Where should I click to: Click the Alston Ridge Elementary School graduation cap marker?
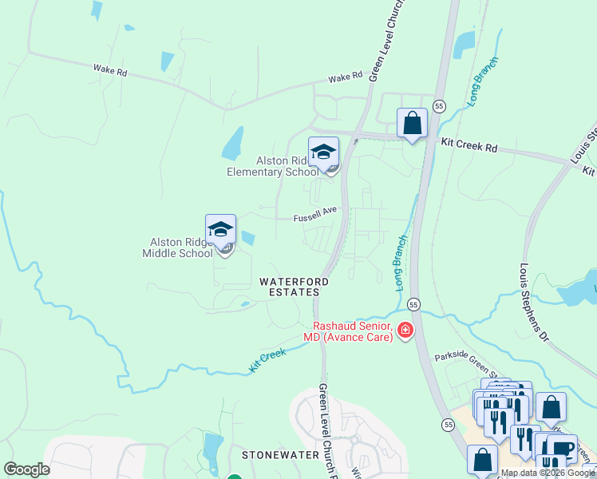(x=323, y=152)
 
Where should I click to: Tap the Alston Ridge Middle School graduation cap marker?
(x=220, y=229)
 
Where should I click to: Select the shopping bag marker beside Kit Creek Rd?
(x=412, y=123)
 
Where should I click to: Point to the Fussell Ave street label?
(x=315, y=216)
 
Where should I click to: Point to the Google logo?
(x=26, y=469)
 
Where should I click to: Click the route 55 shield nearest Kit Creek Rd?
(x=439, y=106)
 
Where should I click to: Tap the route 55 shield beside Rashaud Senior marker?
(x=413, y=304)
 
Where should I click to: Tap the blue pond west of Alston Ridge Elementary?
(x=232, y=144)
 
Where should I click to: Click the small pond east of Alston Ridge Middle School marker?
(x=248, y=238)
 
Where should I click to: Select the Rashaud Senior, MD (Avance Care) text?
(x=350, y=331)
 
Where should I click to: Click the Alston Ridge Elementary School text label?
(x=272, y=166)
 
